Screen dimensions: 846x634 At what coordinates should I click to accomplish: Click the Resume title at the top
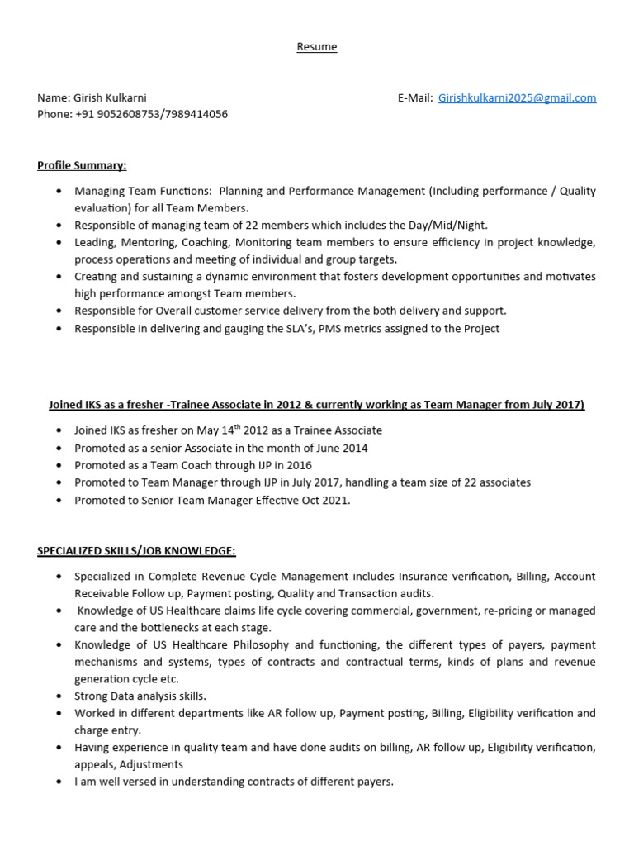pyautogui.click(x=317, y=47)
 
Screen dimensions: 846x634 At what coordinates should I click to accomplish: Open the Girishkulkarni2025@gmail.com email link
pyautogui.click(x=517, y=97)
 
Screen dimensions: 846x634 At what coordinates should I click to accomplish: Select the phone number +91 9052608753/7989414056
pyautogui.click(x=152, y=114)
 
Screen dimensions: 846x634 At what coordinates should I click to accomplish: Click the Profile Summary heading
pyautogui.click(x=82, y=165)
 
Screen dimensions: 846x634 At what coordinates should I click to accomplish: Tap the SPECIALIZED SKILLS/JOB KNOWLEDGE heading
pyautogui.click(x=136, y=550)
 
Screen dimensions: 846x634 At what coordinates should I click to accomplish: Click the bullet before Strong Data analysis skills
pyautogui.click(x=58, y=696)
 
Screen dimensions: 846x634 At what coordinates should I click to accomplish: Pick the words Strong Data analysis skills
pyautogui.click(x=140, y=696)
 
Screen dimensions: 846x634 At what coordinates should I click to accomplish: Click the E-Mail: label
pyautogui.click(x=415, y=97)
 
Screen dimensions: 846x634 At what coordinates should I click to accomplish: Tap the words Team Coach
pyautogui.click(x=167, y=465)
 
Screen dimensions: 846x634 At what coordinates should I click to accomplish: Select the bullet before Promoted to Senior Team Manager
pyautogui.click(x=58, y=501)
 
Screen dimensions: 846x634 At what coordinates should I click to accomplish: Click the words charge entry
pyautogui.click(x=108, y=730)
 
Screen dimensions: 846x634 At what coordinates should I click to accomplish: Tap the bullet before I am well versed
pyautogui.click(x=58, y=782)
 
